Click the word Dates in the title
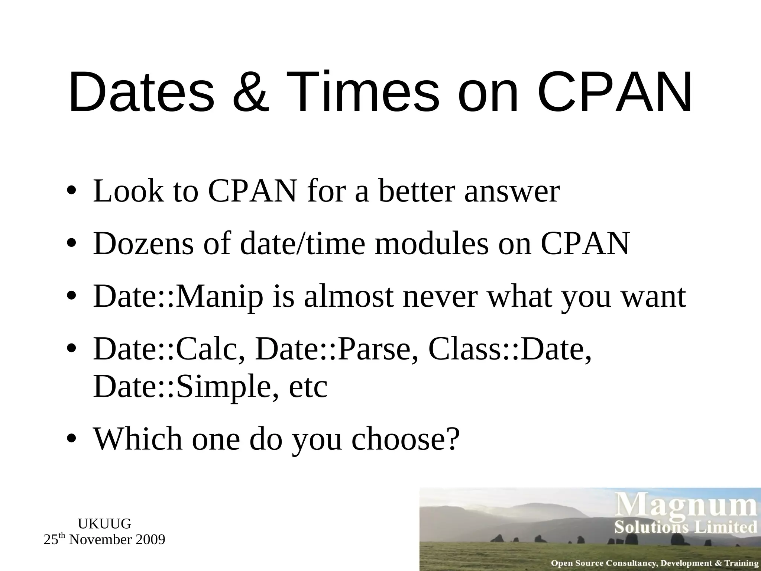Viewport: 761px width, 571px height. [x=142, y=92]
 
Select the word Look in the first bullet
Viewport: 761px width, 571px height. [x=128, y=191]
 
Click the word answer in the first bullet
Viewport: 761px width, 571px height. [x=512, y=191]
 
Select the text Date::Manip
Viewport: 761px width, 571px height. [x=178, y=297]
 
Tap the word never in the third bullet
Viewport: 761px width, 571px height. [x=440, y=297]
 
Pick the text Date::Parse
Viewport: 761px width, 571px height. [x=337, y=350]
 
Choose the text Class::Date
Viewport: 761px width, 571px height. [x=509, y=350]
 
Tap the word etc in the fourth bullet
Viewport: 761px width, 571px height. [x=308, y=387]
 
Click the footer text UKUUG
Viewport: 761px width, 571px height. [x=104, y=524]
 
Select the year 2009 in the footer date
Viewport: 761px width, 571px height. [x=150, y=540]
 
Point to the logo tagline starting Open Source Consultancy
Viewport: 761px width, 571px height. [x=654, y=563]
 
